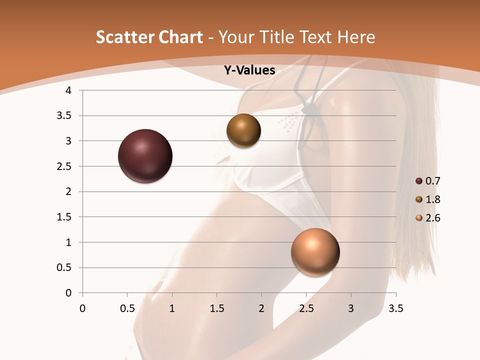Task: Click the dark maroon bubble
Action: (145, 156)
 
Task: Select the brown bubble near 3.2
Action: (243, 130)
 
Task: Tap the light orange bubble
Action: (315, 252)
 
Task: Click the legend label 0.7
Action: (433, 181)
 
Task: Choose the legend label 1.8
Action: (433, 199)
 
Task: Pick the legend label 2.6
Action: (433, 218)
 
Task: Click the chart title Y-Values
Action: (249, 70)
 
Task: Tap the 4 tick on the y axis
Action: (69, 90)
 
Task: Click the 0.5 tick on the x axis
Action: (127, 308)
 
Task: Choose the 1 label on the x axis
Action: (172, 308)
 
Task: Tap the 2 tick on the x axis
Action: (261, 308)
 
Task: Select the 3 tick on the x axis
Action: (351, 308)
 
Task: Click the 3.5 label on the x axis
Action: (395, 308)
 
